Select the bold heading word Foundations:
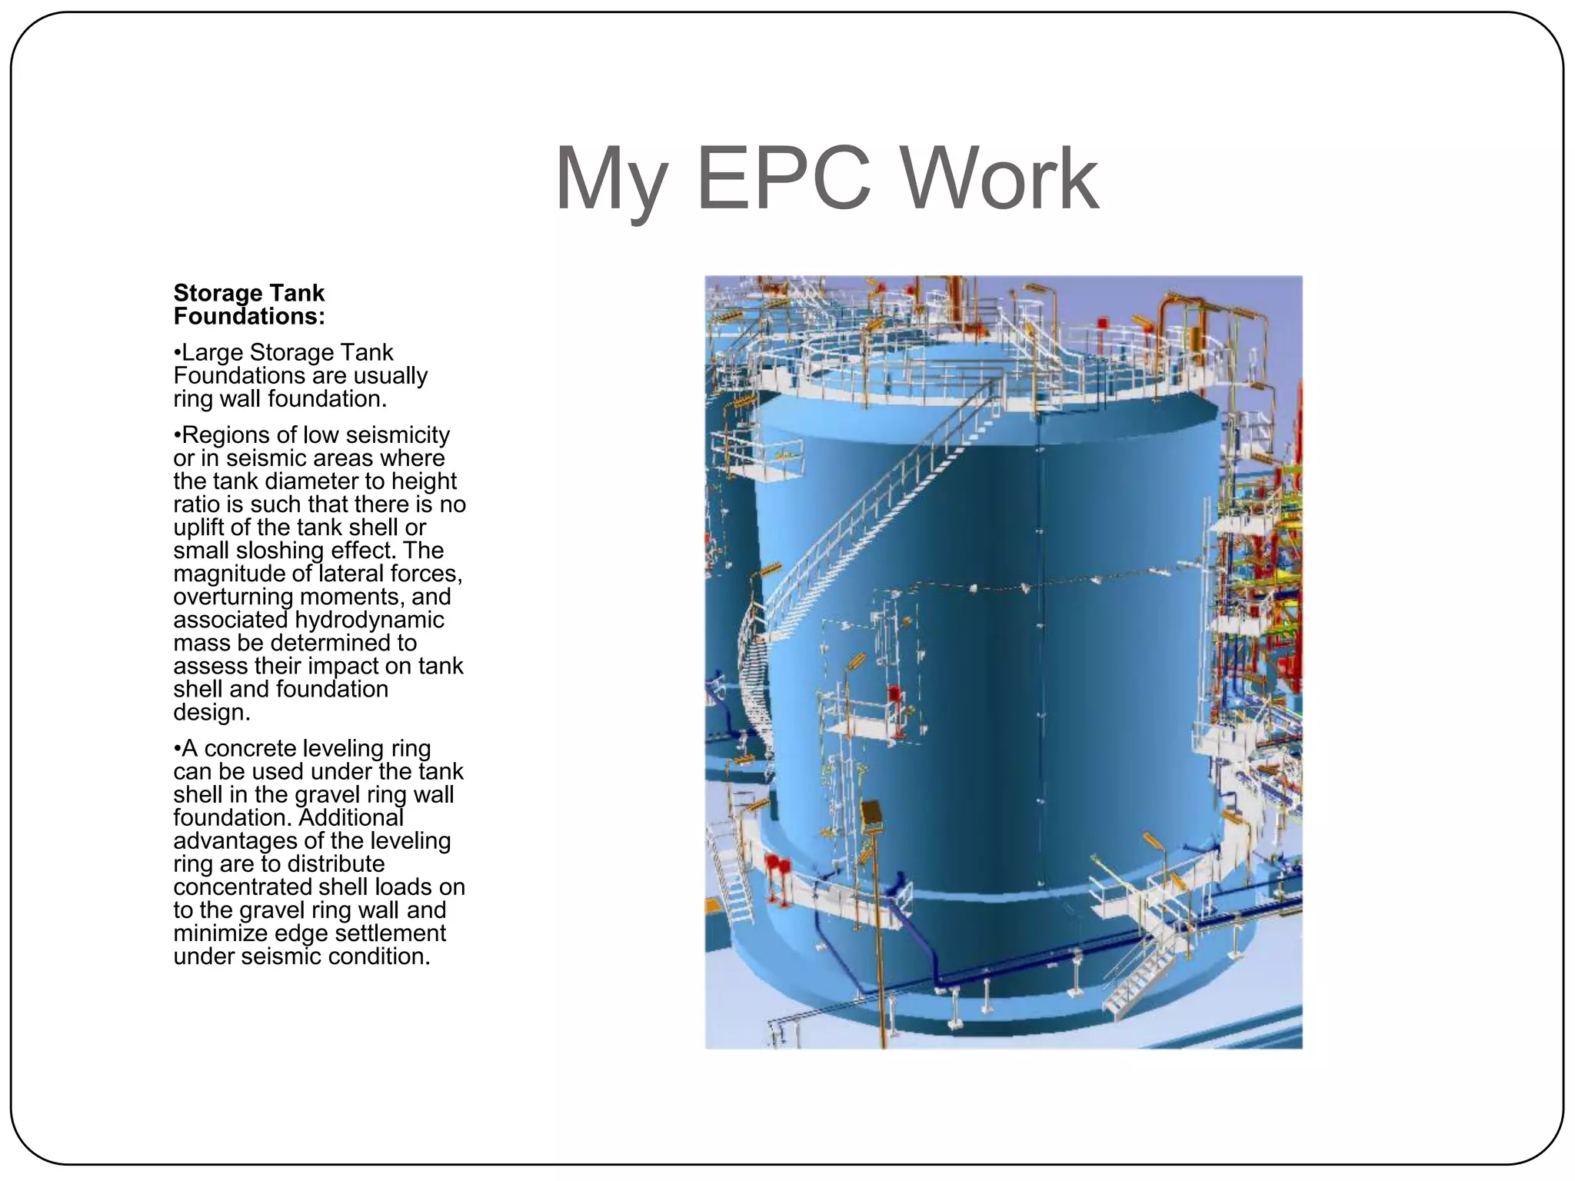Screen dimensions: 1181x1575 (x=249, y=316)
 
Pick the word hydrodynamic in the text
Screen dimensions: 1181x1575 (x=369, y=620)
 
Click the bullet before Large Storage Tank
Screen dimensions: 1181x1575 (x=177, y=353)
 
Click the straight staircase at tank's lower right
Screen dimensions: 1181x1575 (x=1137, y=976)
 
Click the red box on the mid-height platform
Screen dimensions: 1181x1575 (x=894, y=695)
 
